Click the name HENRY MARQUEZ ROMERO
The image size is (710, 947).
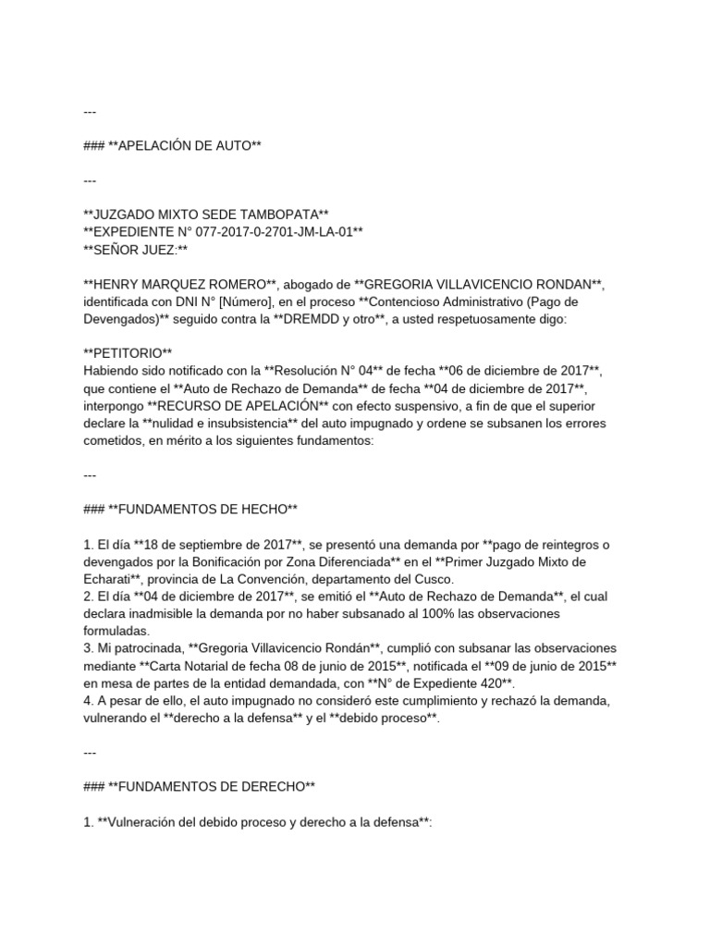pos(176,283)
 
